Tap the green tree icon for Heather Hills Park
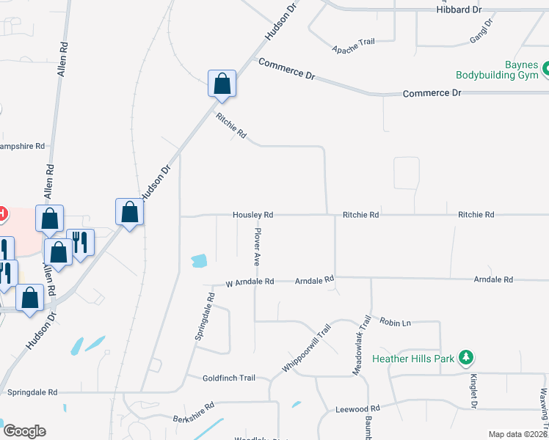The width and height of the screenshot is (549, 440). click(465, 358)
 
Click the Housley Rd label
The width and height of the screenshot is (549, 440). click(252, 215)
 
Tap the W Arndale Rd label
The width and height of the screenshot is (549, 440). click(250, 282)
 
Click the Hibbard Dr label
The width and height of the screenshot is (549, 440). click(458, 10)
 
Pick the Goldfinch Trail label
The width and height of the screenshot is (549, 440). click(229, 378)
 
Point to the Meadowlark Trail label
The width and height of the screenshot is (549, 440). click(360, 346)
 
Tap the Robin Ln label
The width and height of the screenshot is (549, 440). click(395, 320)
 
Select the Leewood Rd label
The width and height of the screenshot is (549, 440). click(357, 408)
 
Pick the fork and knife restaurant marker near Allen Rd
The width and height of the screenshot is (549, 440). click(80, 242)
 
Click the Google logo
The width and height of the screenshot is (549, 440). click(24, 431)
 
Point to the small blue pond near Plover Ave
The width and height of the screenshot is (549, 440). click(199, 260)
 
